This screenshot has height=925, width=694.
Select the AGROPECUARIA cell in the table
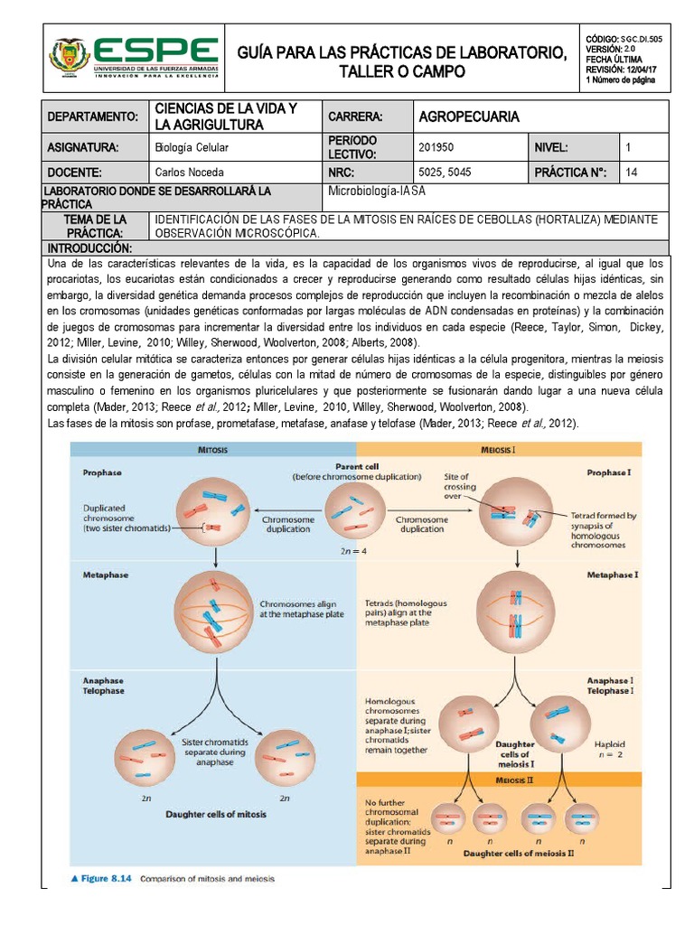coord(469,117)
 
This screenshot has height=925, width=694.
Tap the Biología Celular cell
coord(192,147)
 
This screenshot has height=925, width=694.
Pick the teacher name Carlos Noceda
coord(189,173)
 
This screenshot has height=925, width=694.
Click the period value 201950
coord(437,147)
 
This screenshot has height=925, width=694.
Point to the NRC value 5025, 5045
coord(445,173)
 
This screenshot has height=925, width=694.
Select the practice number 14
coord(631,173)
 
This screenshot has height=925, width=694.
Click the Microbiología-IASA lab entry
coord(376,191)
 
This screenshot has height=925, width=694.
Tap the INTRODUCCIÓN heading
coord(90,248)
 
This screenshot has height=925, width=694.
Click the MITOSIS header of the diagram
coord(213,449)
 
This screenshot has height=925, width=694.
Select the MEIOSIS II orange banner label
coord(499,780)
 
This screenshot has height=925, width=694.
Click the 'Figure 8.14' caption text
coord(106,878)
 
